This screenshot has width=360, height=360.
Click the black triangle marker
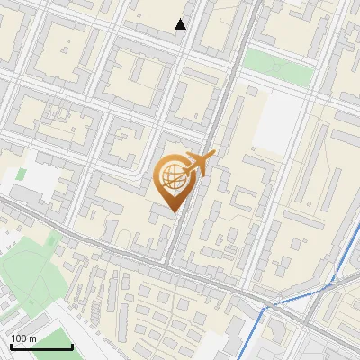(181, 24)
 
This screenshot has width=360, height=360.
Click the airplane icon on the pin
(200, 164)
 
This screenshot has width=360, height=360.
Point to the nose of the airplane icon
(213, 157)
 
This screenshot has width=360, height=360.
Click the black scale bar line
(40, 346)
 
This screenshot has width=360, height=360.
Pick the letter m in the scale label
(32, 338)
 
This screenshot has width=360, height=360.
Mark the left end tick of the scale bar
(10, 345)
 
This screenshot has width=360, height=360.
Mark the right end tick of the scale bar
(72, 345)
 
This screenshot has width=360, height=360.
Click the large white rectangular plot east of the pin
(278, 121)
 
